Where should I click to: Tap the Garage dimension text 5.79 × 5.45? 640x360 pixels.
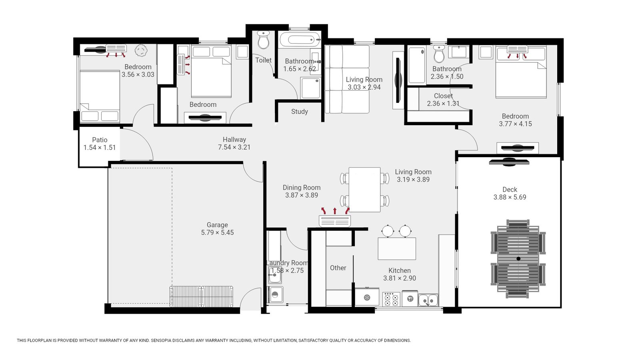coord(217,232)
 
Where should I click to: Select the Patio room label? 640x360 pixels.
coord(100,140)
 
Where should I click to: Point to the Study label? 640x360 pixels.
coord(299,112)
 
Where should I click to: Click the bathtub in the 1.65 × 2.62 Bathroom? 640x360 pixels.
coord(299,40)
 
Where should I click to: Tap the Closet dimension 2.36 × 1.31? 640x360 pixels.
coord(443,104)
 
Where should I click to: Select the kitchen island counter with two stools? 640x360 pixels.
coord(396,248)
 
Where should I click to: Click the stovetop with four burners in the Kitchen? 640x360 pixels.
coord(391,299)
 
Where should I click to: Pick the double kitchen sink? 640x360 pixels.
coord(428,300)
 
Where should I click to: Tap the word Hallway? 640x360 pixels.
coord(234,140)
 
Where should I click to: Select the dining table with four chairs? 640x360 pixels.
coord(364,189)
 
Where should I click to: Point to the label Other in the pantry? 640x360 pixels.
coord(338,268)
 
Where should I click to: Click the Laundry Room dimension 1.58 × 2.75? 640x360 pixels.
coord(287,271)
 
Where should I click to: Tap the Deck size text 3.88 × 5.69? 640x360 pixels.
coord(510,197)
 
